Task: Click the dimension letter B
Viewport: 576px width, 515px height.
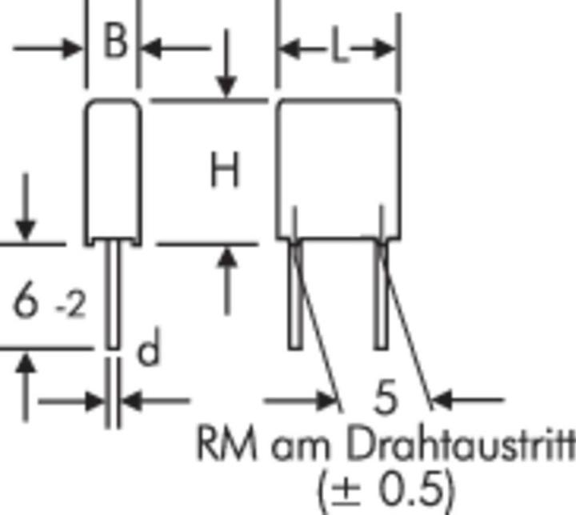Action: (x=115, y=40)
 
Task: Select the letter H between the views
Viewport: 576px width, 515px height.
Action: (x=225, y=170)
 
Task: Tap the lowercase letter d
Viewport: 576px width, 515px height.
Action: (x=149, y=347)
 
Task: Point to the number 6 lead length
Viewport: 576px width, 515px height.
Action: (x=26, y=299)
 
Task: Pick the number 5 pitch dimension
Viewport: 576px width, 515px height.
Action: (x=385, y=397)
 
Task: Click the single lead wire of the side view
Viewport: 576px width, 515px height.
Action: (x=113, y=293)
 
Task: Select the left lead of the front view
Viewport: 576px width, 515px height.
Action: (x=295, y=293)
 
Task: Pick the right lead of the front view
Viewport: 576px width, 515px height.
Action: (x=381, y=293)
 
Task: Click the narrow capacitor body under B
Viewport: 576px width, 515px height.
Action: (x=113, y=172)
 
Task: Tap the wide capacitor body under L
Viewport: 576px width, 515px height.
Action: (x=338, y=170)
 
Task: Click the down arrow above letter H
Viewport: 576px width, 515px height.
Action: (x=226, y=63)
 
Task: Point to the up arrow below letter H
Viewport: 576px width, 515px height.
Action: (x=227, y=281)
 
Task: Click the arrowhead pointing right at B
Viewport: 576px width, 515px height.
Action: (x=73, y=49)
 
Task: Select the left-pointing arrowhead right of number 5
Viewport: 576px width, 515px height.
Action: (x=442, y=400)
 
